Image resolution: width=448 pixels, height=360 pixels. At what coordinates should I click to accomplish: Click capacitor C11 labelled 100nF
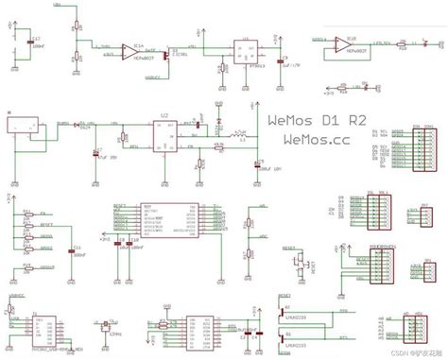pyautogui.click(x=74, y=252)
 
